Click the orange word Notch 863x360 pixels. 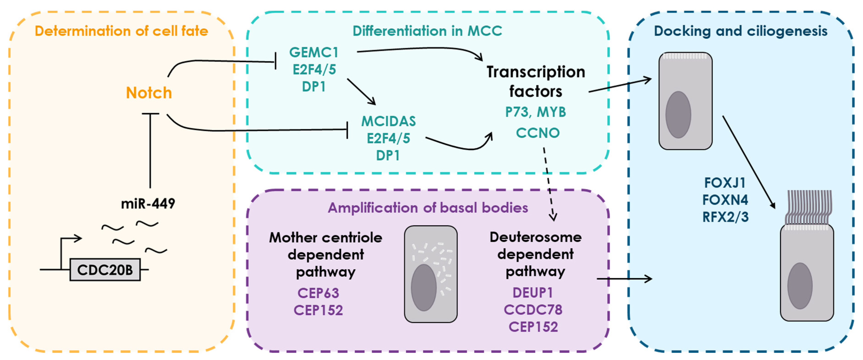coord(149,93)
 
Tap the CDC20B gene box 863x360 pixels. coord(105,270)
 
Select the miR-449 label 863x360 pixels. coord(148,203)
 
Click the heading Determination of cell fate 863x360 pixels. coord(121,31)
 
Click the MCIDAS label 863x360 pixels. coord(388,121)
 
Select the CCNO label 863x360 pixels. coord(537,133)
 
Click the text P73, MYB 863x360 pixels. coord(535,112)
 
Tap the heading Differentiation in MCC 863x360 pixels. coord(427,31)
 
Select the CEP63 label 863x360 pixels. coord(318,293)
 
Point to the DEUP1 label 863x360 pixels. coord(533,293)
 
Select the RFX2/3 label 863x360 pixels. coord(725,217)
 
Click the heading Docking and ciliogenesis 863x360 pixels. coord(740,31)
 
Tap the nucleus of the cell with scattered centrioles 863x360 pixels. coord(423,287)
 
